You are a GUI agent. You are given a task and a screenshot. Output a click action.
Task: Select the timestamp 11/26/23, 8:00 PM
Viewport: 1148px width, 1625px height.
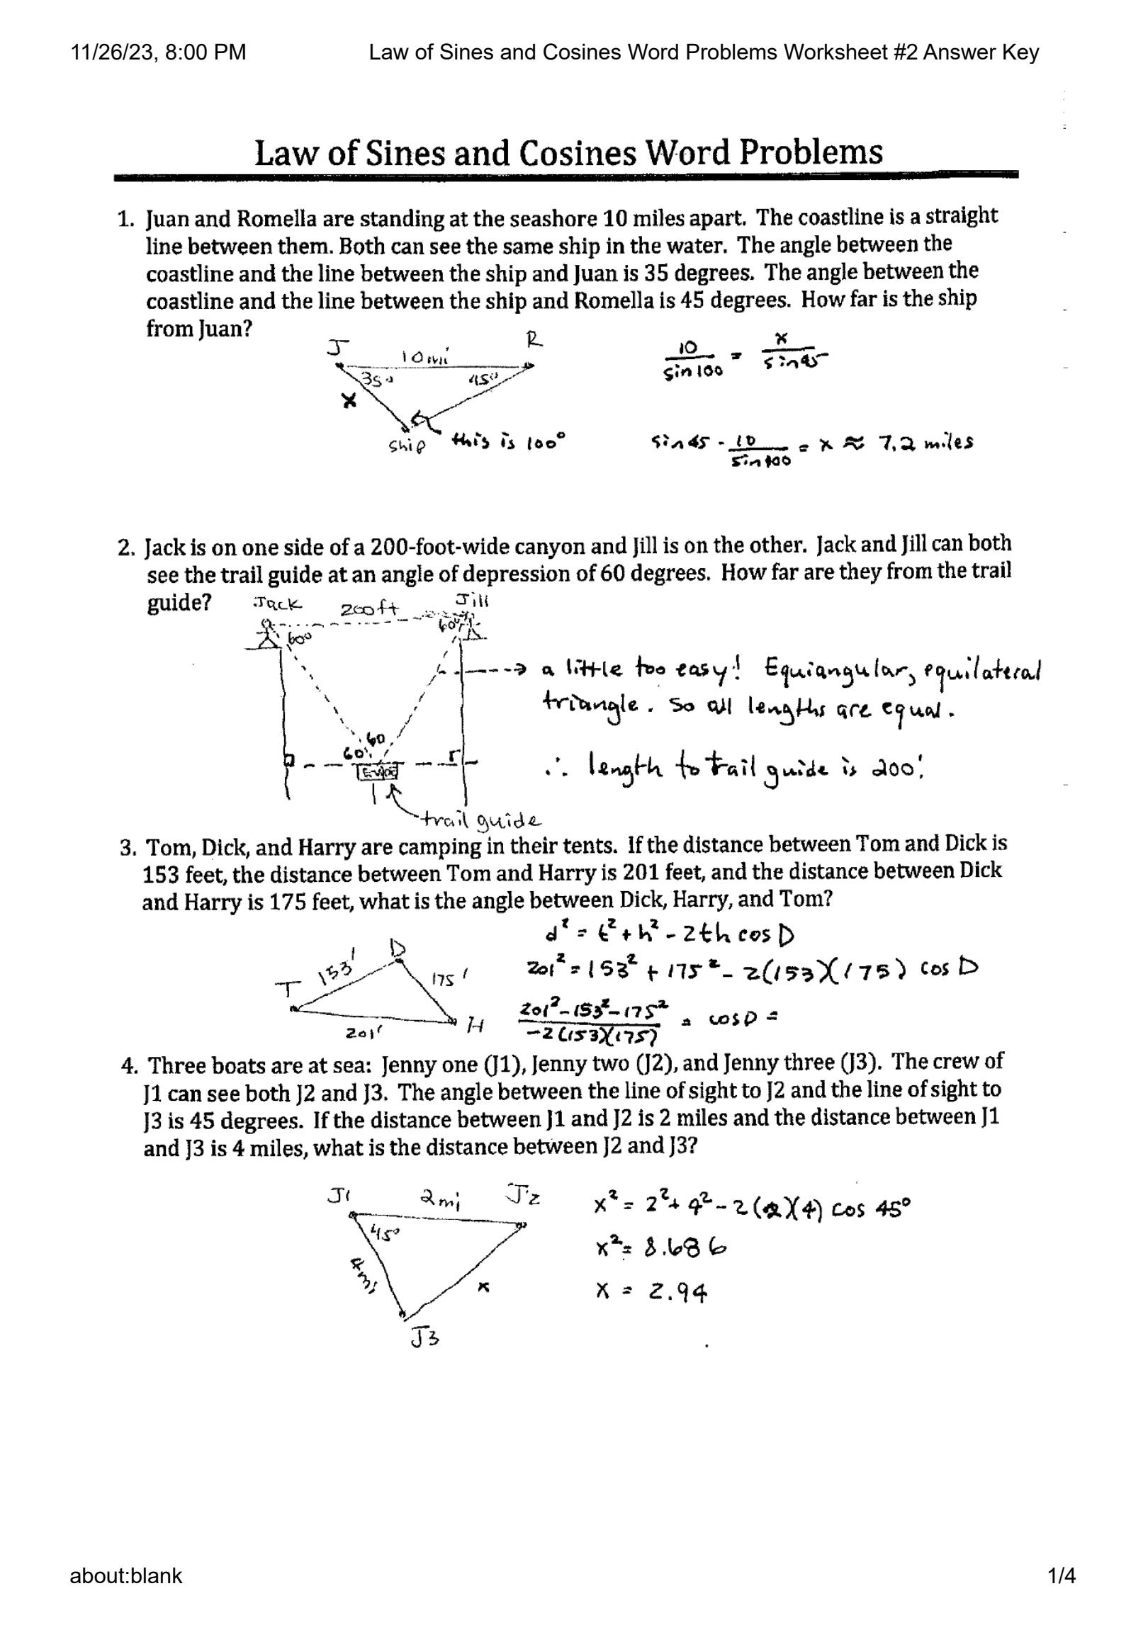pyautogui.click(x=158, y=52)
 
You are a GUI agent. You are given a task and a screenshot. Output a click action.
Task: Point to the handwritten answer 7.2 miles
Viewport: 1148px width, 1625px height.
pyautogui.click(x=925, y=443)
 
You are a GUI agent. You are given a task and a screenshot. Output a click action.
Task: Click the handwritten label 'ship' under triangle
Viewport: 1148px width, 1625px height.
pyautogui.click(x=407, y=446)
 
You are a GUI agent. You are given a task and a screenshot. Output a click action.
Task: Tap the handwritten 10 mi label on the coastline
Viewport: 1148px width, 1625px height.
pyautogui.click(x=425, y=358)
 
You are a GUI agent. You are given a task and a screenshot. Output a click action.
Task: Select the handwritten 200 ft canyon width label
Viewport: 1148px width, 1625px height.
pyautogui.click(x=369, y=609)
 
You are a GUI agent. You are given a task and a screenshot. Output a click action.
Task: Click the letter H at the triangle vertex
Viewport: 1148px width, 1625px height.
pyautogui.click(x=475, y=1024)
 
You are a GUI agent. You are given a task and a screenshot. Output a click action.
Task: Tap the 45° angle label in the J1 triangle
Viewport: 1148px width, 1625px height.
pyautogui.click(x=386, y=1233)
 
